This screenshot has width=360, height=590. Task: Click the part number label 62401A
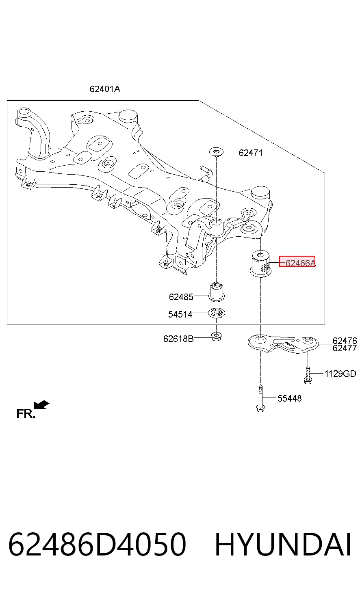105,89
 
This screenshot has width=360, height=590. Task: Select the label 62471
251,153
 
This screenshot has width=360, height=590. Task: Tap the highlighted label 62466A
300,263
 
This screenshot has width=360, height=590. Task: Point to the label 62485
181,297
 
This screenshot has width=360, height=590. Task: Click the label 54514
180,314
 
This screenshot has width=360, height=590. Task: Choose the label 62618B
178,339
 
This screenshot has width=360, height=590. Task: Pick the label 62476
345,341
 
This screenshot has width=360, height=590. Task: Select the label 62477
345,348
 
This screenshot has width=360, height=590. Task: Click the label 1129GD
340,374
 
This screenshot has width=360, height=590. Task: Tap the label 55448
289,398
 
